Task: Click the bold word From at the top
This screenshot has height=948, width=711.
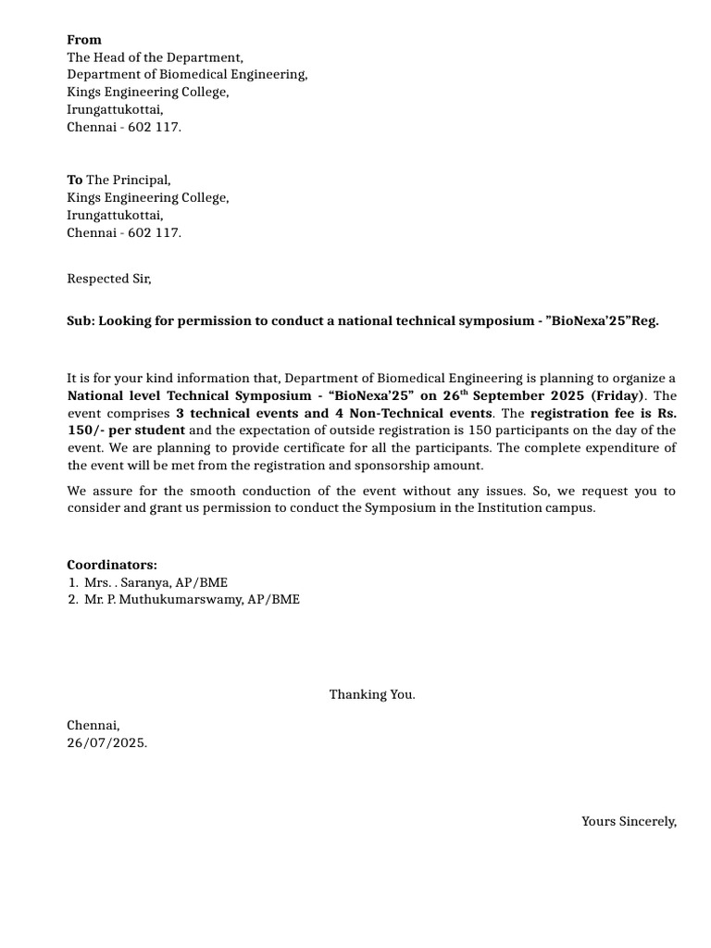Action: point(84,40)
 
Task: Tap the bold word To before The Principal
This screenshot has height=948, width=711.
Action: point(74,180)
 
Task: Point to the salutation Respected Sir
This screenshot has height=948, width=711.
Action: point(108,278)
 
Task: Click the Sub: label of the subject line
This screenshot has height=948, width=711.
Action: point(81,321)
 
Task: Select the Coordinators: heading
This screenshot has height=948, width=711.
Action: point(112,565)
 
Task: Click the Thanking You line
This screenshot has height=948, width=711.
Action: point(372,694)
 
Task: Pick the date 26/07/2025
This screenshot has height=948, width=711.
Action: point(106,742)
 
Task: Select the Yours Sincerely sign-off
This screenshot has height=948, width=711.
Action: point(629,821)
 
